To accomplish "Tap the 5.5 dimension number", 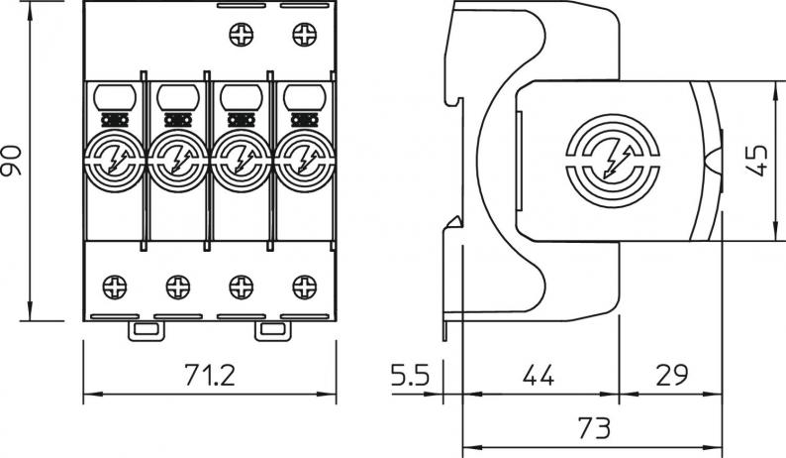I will (407, 376).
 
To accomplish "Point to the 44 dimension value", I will (538, 376).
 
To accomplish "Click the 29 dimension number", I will (672, 376).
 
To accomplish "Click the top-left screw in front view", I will (241, 38).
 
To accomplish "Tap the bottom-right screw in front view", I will (304, 287).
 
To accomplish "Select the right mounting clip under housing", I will (270, 330).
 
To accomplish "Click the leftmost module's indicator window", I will (116, 97).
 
